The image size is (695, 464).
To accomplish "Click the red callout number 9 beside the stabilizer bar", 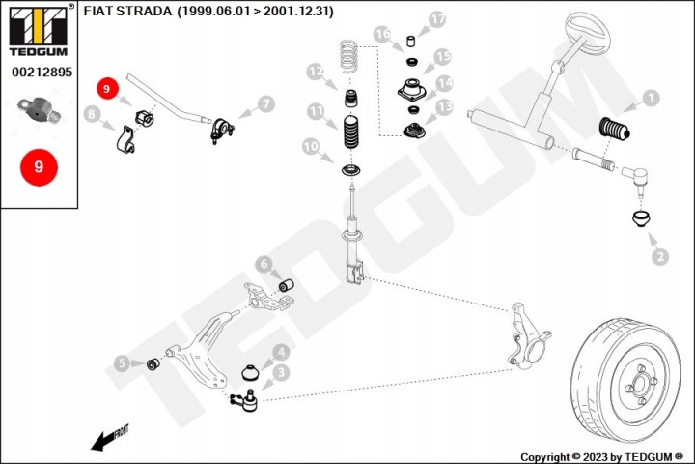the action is pos(106,89).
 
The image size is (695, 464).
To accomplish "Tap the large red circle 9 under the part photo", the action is pos(39,167).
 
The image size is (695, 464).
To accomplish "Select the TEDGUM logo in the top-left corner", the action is pos(38,31).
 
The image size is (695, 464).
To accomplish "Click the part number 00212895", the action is pos(42,72).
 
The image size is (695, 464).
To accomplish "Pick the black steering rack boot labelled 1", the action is pos(614,128).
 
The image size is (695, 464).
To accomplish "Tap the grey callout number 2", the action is pos(660,256).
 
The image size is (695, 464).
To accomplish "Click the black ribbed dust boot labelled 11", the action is pos(351,133).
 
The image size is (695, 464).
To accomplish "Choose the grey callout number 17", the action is pos(436,19).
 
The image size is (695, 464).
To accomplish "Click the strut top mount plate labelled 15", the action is pos(412,90).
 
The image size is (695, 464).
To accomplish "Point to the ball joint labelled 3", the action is pos(245,399).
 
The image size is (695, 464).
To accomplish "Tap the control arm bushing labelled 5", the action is pos(153,363).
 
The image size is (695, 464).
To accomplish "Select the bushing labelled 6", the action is pos(287,284).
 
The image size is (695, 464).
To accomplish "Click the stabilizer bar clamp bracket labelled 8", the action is pos(125,140).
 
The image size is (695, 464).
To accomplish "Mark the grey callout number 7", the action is pos(265,104).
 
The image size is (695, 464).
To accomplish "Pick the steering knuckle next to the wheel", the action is pos(528,336).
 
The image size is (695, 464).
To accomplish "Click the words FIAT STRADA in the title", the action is pos(127,11).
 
